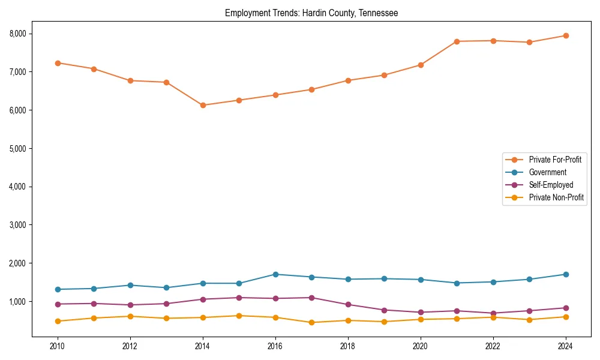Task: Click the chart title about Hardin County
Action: (x=311, y=13)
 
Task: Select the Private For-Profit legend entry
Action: (x=555, y=160)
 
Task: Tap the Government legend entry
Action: (x=547, y=172)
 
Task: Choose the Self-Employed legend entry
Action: (x=551, y=185)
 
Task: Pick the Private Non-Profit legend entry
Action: (x=556, y=197)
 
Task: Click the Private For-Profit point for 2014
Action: (x=203, y=105)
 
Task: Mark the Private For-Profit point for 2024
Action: (x=566, y=35)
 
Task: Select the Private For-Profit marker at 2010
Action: (x=58, y=63)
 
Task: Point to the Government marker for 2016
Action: (x=275, y=274)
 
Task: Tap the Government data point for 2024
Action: (x=566, y=274)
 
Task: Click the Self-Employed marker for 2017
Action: (x=311, y=298)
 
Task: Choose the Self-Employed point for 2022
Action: (x=493, y=313)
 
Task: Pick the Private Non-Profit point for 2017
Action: (x=311, y=322)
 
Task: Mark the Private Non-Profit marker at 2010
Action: (x=58, y=321)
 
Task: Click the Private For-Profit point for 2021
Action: (x=457, y=41)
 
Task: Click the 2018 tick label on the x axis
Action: (x=348, y=346)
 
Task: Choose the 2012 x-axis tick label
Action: (x=130, y=346)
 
